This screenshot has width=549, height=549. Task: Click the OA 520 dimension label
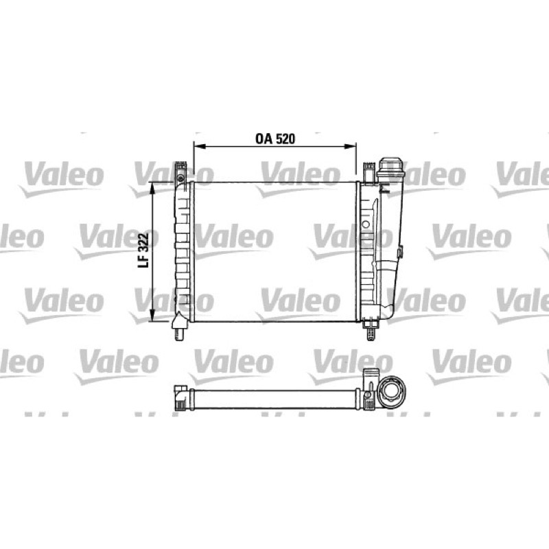(x=275, y=139)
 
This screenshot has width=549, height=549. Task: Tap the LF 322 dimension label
(x=143, y=250)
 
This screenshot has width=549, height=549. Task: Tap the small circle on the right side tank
(x=366, y=224)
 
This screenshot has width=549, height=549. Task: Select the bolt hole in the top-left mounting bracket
(x=180, y=178)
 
